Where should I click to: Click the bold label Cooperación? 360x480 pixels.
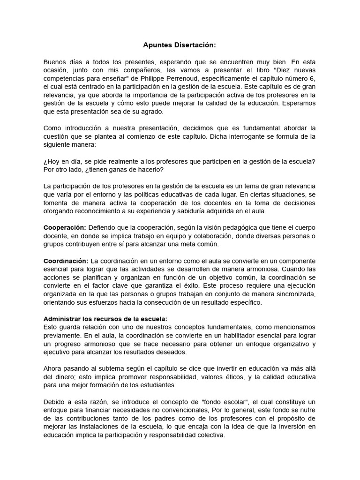65,227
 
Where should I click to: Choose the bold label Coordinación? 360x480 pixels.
66,261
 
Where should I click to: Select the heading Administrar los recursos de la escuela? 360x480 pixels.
105,319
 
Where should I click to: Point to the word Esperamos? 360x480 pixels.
298,103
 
